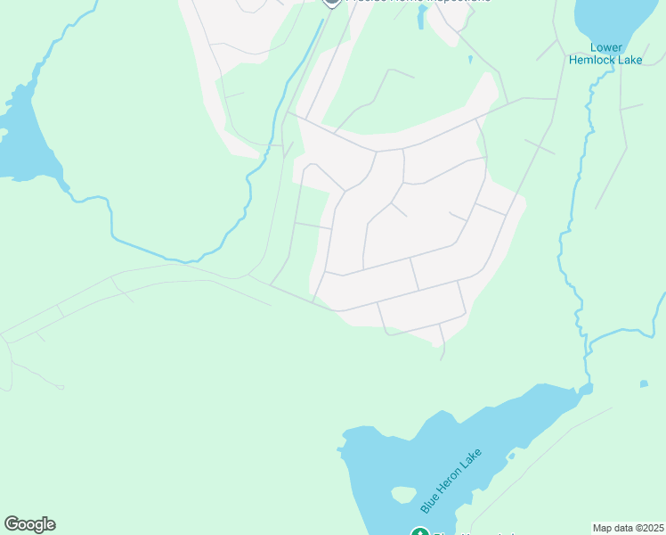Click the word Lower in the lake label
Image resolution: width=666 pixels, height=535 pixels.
pos(605,48)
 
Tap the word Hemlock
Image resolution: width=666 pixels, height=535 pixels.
pos(593,60)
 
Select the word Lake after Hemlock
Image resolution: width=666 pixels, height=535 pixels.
pos(629,60)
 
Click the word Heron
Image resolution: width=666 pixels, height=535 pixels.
pos(450,480)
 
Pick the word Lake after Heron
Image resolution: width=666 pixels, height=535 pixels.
pos(471,457)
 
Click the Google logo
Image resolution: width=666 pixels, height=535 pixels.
pos(29,524)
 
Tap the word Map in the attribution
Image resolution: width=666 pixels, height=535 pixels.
pos(604,528)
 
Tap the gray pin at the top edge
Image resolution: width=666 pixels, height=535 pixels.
pos(332,3)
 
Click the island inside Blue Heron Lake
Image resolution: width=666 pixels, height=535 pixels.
pos(403,494)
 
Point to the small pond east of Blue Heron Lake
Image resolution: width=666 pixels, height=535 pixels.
pos(644,384)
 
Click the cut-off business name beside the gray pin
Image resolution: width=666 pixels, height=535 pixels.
pos(418,3)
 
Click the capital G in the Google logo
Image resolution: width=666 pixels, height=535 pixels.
pos(12,524)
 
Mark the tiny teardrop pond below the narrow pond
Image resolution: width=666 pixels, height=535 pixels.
pos(469,60)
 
